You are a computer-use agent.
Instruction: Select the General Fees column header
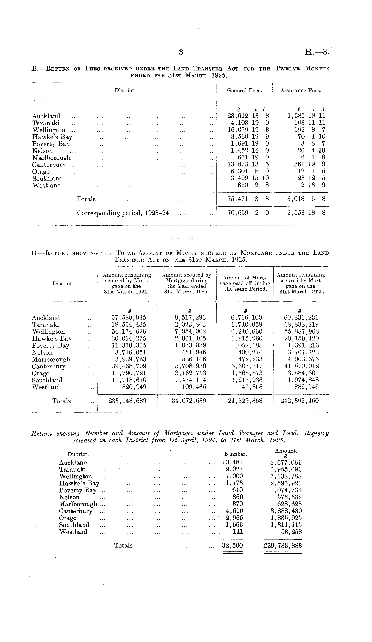point(244,91)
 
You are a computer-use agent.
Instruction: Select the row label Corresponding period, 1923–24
point(123,213)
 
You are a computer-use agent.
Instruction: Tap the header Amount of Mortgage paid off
point(245,283)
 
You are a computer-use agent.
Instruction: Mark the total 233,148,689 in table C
point(127,401)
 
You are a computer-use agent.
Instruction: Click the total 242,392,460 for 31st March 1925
point(299,401)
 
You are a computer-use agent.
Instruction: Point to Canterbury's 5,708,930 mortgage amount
point(189,366)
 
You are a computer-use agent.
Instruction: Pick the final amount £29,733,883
point(283,546)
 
